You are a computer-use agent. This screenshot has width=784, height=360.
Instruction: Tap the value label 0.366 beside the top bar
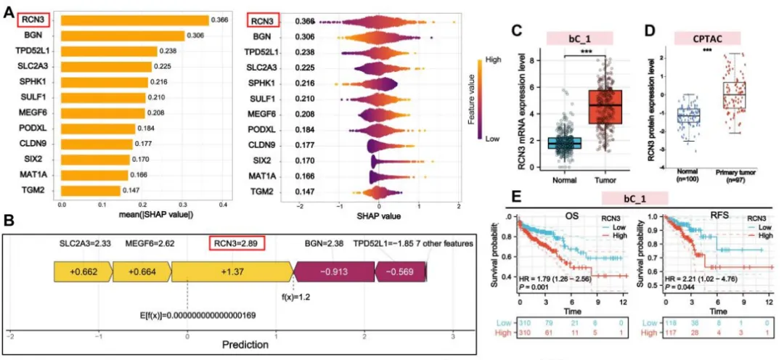220,20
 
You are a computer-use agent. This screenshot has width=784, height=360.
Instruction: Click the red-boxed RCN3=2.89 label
235,243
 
